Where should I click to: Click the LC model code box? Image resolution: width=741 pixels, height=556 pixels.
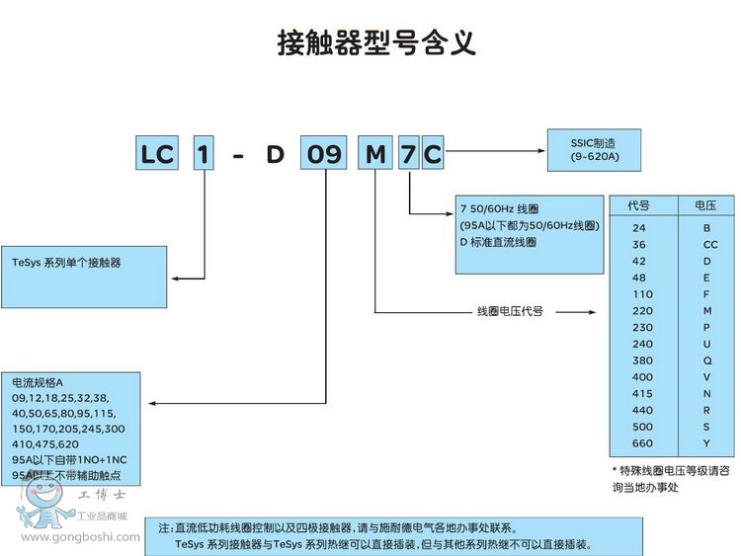(157, 155)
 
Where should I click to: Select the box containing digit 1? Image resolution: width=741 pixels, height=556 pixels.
(204, 155)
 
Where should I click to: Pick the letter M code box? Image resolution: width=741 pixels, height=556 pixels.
(375, 155)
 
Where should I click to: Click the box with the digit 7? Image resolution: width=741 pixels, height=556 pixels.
(407, 155)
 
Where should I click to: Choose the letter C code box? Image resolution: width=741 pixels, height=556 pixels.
(432, 155)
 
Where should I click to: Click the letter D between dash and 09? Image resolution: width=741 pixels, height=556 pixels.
(274, 155)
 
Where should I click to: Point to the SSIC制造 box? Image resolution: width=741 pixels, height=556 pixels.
(594, 150)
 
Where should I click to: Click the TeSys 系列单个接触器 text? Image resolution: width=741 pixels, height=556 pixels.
(74, 263)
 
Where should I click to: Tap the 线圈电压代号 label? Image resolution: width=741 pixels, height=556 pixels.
(510, 311)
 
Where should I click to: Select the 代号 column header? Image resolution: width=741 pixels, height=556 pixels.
(638, 205)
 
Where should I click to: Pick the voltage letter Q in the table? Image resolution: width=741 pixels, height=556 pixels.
(705, 359)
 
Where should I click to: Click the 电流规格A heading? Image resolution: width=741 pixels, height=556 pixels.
(38, 382)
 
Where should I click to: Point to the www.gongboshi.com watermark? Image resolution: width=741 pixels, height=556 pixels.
(69, 537)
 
